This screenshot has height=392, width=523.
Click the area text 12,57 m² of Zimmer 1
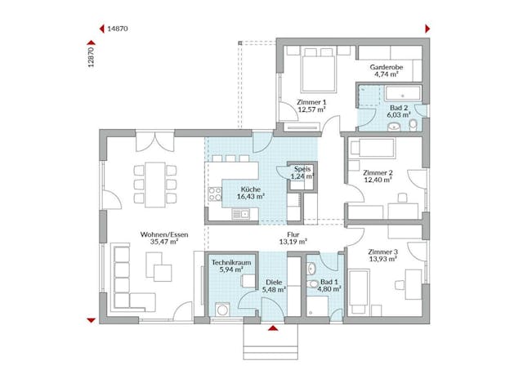click(311, 109)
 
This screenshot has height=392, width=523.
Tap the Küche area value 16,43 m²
click(249, 196)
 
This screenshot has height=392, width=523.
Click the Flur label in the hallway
click(292, 234)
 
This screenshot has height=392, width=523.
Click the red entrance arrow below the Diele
click(274, 329)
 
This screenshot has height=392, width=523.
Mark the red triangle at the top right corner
click(426, 29)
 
